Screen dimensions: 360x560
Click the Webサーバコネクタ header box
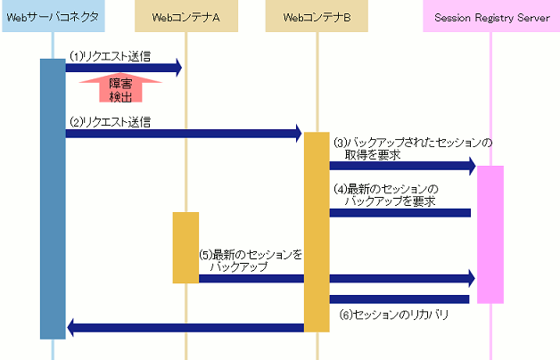click(x=53, y=17)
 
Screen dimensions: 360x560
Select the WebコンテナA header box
click(x=186, y=17)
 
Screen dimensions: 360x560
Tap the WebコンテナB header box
click(x=317, y=17)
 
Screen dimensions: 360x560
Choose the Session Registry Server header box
click(x=491, y=17)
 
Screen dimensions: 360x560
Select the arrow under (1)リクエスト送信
click(x=124, y=68)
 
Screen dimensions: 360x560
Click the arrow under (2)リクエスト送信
click(x=184, y=134)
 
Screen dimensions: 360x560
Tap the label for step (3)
click(x=412, y=148)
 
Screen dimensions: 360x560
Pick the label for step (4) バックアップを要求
click(x=386, y=195)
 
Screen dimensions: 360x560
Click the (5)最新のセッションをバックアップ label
click(x=250, y=260)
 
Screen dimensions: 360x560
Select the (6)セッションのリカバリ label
click(x=393, y=315)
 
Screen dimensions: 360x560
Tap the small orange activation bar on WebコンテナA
click(x=185, y=247)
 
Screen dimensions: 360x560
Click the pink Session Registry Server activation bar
click(x=490, y=233)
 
